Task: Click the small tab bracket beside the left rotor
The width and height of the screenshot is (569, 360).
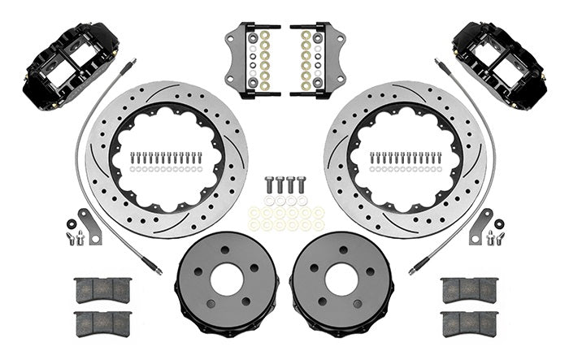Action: [89, 226]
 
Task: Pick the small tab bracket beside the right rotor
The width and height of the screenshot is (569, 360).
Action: [480, 226]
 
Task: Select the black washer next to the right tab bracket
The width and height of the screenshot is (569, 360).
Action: [498, 223]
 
